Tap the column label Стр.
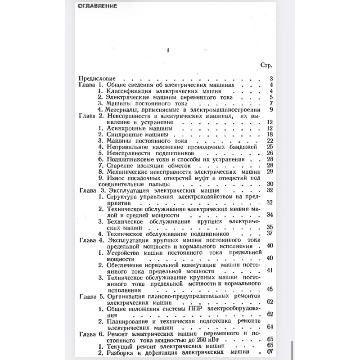click(266, 65)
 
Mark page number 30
click(270, 184)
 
